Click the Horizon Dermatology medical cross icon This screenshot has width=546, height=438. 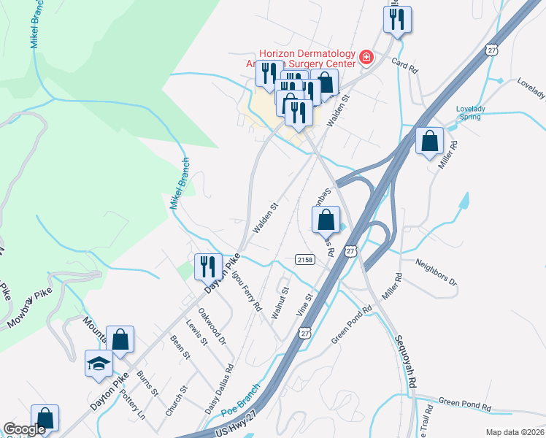pyautogui.click(x=365, y=57)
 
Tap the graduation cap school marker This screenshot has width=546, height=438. pyautogui.click(x=99, y=363)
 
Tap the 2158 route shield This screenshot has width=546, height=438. pyautogui.click(x=305, y=260)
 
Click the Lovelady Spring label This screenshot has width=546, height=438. pyautogui.click(x=471, y=113)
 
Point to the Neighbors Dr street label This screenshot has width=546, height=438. pyautogui.click(x=436, y=271)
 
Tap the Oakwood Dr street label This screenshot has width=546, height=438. pyautogui.click(x=217, y=328)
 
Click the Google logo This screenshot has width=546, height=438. pyautogui.click(x=24, y=429)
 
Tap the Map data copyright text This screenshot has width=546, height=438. pyautogui.click(x=515, y=432)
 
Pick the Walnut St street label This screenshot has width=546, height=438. pyautogui.click(x=280, y=302)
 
